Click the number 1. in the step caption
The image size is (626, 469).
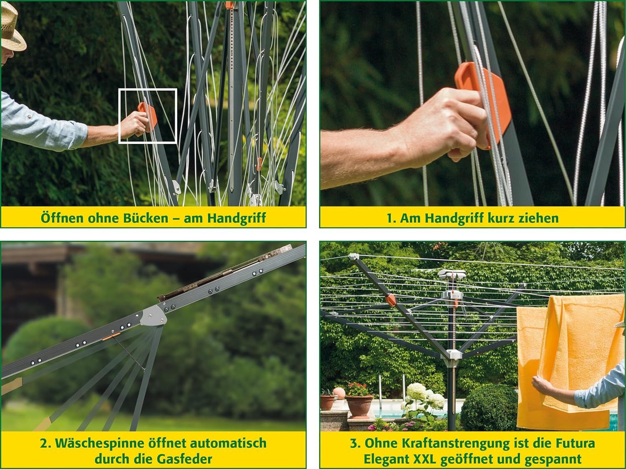tap(392, 218)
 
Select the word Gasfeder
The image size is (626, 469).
tap(184, 459)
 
